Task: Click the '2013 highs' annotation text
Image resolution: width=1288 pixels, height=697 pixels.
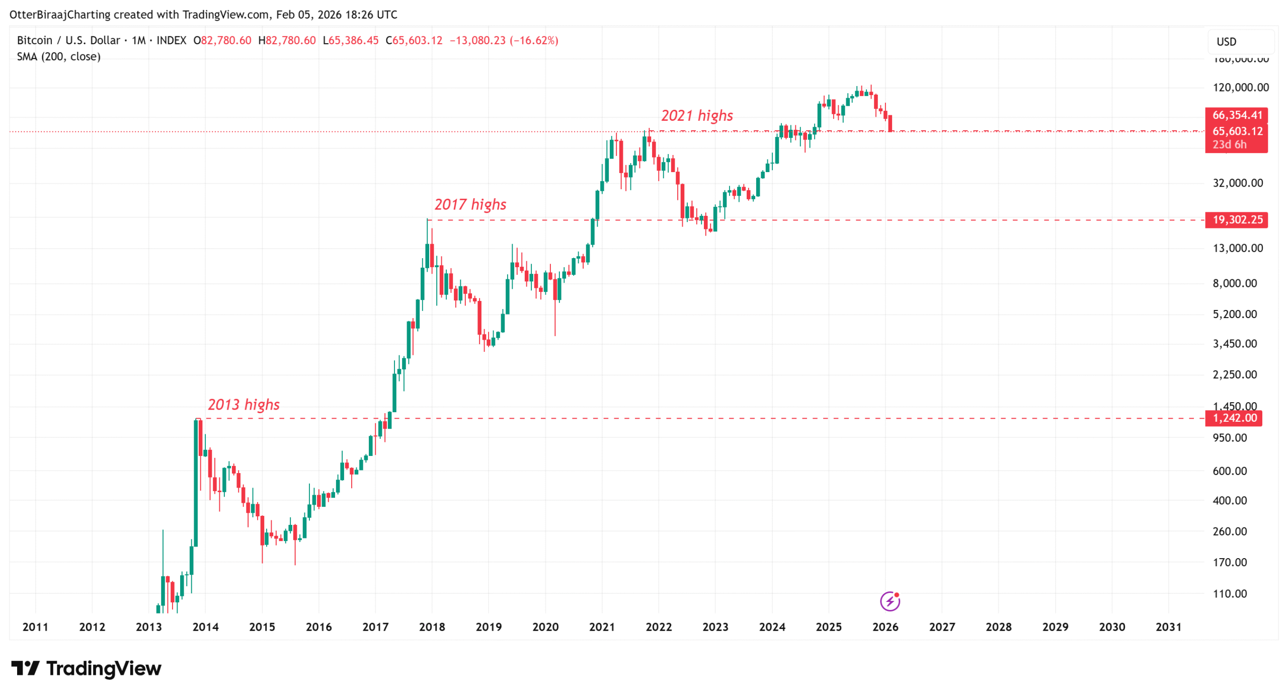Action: coord(243,404)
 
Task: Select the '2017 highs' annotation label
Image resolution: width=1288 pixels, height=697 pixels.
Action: coord(470,204)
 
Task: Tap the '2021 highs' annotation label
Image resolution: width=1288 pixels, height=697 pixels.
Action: coord(696,115)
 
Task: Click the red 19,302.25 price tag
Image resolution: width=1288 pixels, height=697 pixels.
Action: coord(1236,219)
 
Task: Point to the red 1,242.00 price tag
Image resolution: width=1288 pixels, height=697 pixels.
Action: coord(1234,418)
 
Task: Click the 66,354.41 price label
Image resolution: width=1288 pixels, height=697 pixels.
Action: coord(1236,115)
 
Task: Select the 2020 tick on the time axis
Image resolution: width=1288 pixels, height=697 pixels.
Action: coord(545,627)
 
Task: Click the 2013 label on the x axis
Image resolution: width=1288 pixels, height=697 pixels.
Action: coord(148,627)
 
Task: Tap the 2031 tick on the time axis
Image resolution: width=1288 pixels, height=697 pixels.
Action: coord(1168,627)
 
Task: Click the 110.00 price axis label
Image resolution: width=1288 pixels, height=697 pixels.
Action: coord(1229,593)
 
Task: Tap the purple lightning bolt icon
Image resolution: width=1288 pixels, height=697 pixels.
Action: coord(890,601)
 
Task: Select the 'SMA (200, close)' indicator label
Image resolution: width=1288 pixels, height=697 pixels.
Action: coord(59,56)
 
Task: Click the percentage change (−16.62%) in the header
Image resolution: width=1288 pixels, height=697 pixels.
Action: coord(533,40)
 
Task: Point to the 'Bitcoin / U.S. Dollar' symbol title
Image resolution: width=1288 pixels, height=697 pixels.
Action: coord(68,40)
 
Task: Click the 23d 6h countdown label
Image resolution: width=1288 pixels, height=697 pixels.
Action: coord(1229,144)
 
